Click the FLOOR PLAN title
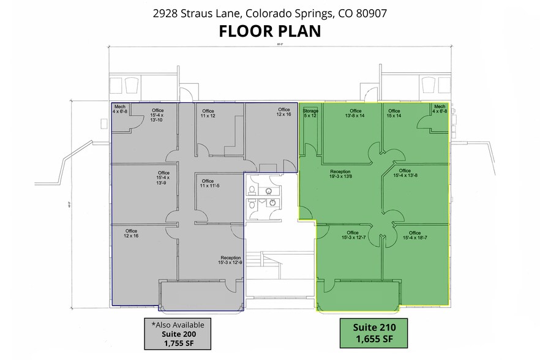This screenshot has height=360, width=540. coord(270,31)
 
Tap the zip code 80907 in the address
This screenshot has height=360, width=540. coord(370,12)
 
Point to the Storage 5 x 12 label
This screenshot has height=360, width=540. coord(310,113)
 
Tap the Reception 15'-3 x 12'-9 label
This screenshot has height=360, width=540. coord(231,260)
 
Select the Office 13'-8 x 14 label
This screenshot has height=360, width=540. coord(355,113)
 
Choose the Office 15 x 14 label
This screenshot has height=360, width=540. coord(394,113)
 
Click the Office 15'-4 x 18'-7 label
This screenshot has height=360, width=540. coord(414,235)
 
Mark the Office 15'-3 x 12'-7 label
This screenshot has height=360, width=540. coord(352,235)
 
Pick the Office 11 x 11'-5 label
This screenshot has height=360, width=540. coord(208,184)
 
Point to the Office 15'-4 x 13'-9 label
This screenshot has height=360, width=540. coord(163,178)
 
